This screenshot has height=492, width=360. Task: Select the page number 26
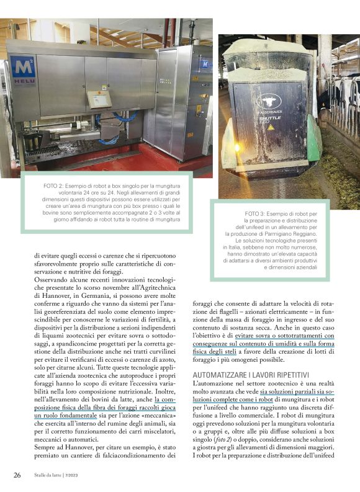click(17, 475)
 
